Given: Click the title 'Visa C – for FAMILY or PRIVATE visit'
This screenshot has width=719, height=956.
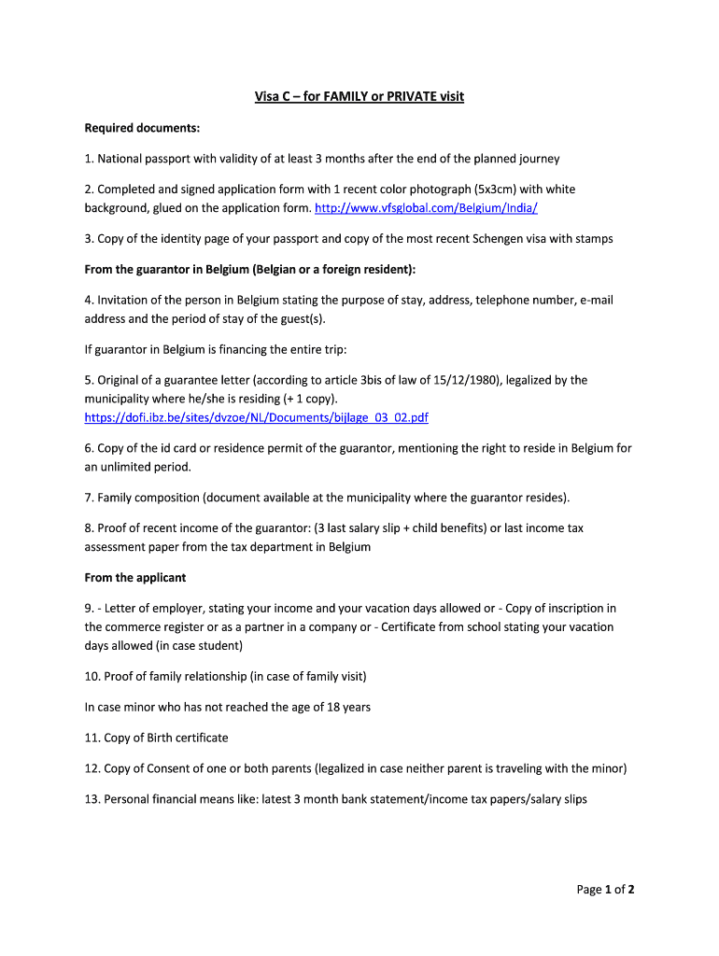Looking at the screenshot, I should click(x=359, y=96).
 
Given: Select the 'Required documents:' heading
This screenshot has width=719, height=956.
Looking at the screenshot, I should click(x=143, y=128).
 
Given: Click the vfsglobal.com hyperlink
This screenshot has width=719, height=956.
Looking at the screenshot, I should click(x=426, y=207).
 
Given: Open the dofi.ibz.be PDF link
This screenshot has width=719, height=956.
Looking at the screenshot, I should click(x=257, y=417).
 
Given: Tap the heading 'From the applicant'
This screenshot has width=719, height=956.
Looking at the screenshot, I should click(x=135, y=578).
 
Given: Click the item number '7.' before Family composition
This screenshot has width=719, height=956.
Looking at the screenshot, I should click(x=90, y=498).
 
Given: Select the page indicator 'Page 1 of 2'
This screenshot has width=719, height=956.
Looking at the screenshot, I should click(x=605, y=890).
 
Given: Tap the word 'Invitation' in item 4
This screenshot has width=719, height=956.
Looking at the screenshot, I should click(x=125, y=301).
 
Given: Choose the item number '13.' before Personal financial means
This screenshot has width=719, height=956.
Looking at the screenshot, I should click(x=92, y=800).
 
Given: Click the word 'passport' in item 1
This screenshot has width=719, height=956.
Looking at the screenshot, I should click(x=176, y=159).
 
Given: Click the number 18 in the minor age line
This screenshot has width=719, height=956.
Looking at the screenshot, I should click(x=318, y=708).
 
